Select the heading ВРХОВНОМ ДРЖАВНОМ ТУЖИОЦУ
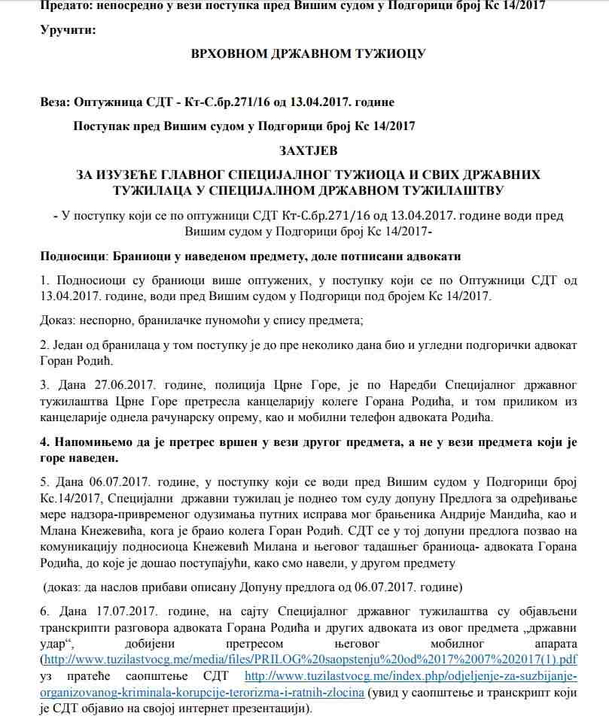coord(309,54)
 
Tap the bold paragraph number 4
coord(44,443)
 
